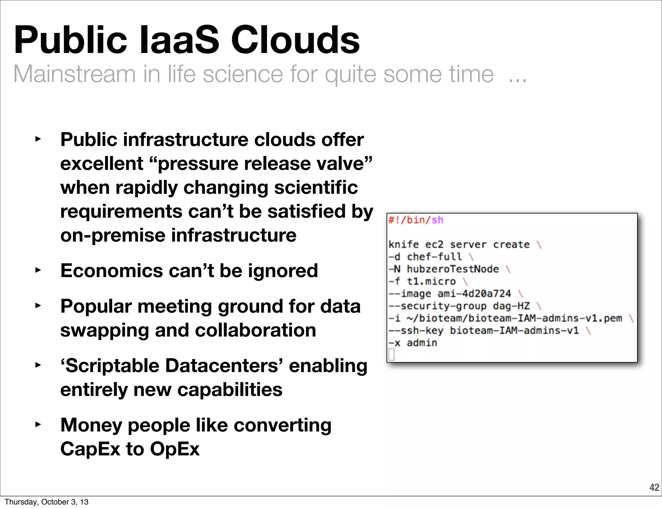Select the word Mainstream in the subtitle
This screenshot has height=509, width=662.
74,74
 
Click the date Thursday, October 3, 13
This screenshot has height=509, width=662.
47,502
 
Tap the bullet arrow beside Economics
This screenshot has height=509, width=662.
38,270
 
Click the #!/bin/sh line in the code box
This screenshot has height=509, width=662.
416,220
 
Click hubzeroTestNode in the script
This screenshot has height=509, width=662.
453,269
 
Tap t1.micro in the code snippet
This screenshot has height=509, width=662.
431,281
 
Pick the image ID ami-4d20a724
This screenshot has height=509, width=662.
474,294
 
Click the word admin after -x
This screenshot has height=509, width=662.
422,343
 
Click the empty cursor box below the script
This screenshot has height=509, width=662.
391,355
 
